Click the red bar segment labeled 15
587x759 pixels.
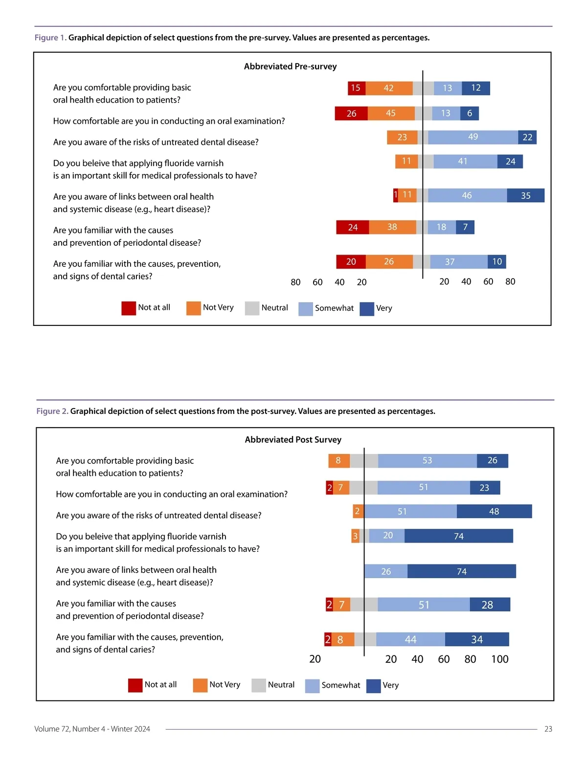tap(356, 88)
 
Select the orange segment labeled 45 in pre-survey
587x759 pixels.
tap(391, 113)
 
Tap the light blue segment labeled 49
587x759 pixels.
tap(473, 137)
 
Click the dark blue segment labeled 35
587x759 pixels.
tap(525, 195)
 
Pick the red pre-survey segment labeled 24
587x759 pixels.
tap(353, 227)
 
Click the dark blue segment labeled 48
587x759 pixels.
tap(494, 511)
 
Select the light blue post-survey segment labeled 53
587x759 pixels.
tap(427, 460)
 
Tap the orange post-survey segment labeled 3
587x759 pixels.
tap(355, 536)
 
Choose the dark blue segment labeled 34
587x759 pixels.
tap(477, 639)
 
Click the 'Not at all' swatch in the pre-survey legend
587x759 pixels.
tap(129, 308)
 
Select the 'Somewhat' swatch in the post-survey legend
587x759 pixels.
tap(312, 686)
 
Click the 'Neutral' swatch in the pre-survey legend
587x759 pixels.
tap(252, 308)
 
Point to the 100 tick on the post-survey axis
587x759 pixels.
tap(500, 659)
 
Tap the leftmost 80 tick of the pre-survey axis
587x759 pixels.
tap(295, 282)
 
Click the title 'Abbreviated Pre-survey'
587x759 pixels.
tap(290, 66)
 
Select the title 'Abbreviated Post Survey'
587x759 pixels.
tap(293, 440)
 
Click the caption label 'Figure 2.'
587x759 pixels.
tap(52, 412)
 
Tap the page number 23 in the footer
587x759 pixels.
tap(548, 729)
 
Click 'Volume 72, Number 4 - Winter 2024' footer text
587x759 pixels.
tap(92, 729)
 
